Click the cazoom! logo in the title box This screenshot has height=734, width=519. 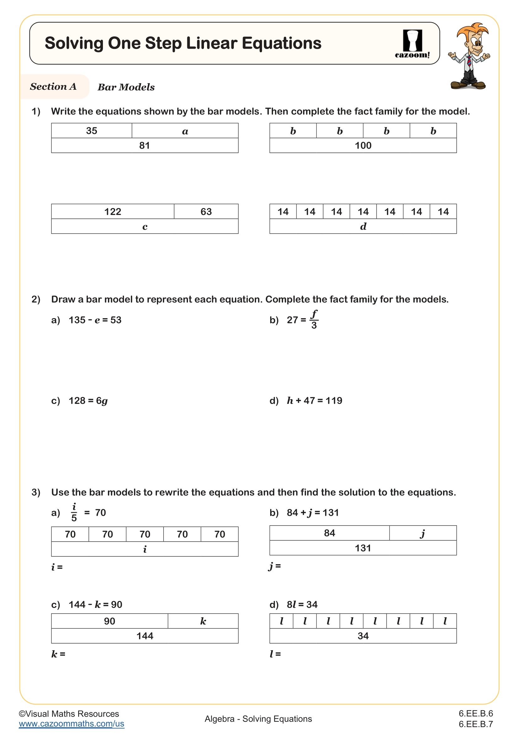[412, 44]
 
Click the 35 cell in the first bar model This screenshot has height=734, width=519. [92, 131]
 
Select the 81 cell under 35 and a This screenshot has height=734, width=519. [144, 146]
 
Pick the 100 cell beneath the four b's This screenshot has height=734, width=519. [363, 146]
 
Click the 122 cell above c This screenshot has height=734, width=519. [113, 212]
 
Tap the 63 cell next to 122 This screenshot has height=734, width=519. [206, 212]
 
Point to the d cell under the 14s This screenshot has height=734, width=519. [363, 227]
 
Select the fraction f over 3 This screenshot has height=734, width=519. [314, 320]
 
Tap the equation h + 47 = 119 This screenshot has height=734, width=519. [314, 400]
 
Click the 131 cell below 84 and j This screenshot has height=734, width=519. [363, 548]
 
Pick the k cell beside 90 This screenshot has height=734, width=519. [203, 621]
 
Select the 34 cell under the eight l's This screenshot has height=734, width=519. [363, 636]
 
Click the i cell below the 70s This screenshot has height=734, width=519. [144, 549]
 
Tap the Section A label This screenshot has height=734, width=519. [53, 87]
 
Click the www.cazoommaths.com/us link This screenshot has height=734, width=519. [71, 724]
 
